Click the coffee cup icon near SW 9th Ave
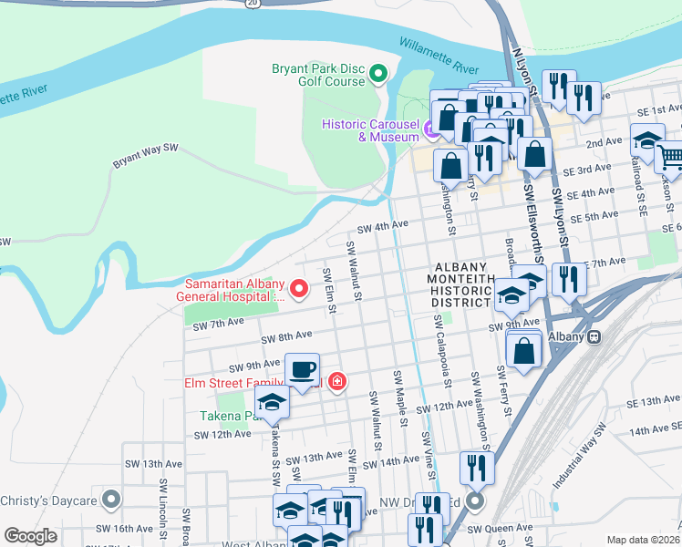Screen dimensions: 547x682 pyautogui.click(x=303, y=369)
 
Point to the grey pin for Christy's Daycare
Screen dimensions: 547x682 pyautogui.click(x=111, y=501)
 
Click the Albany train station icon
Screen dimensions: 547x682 pyautogui.click(x=594, y=336)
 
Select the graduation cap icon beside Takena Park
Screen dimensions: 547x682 pyautogui.click(x=272, y=401)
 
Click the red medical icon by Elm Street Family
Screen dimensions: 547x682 pyautogui.click(x=337, y=381)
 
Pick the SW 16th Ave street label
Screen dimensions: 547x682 pyautogui.click(x=129, y=528)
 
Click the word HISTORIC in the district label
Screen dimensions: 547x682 pyautogui.click(x=462, y=290)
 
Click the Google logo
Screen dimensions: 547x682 pyautogui.click(x=30, y=536)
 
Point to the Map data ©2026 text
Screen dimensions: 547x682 pyautogui.click(x=643, y=540)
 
